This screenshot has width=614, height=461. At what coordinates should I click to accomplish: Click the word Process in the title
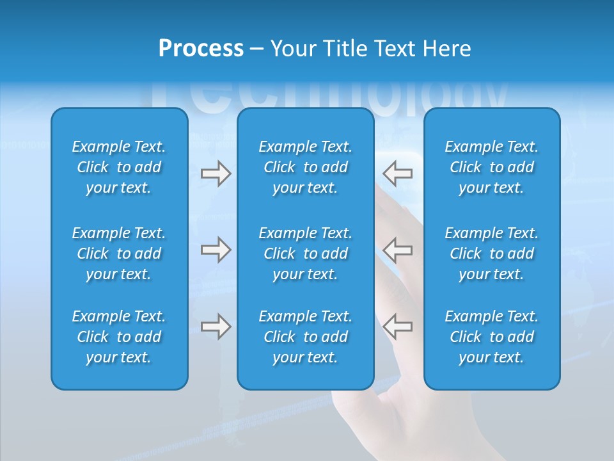coord(201,49)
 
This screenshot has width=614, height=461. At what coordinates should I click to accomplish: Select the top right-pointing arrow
coord(216,173)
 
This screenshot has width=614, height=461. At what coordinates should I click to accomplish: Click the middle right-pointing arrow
coord(216,250)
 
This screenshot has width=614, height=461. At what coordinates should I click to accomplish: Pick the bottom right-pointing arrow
coord(216,327)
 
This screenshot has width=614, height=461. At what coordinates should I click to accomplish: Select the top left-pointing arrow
coord(397,173)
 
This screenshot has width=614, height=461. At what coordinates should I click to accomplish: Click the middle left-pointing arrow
coord(397,250)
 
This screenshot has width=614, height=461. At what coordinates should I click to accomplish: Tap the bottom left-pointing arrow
coord(397,327)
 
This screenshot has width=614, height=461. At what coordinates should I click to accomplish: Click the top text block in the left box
coord(119,167)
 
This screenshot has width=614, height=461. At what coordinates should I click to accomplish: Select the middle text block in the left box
coord(119,254)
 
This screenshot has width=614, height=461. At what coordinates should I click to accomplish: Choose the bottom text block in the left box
coord(119,337)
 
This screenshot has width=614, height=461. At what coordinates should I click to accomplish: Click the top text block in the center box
coord(305,167)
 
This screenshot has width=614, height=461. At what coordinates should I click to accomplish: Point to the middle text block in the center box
coord(305,254)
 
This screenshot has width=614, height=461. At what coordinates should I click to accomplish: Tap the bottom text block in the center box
coord(305,337)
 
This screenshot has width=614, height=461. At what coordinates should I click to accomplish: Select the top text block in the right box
coord(491,167)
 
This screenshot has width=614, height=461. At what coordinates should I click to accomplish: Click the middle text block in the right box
coord(491,254)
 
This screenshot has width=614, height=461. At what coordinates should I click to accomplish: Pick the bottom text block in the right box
coord(491,337)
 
